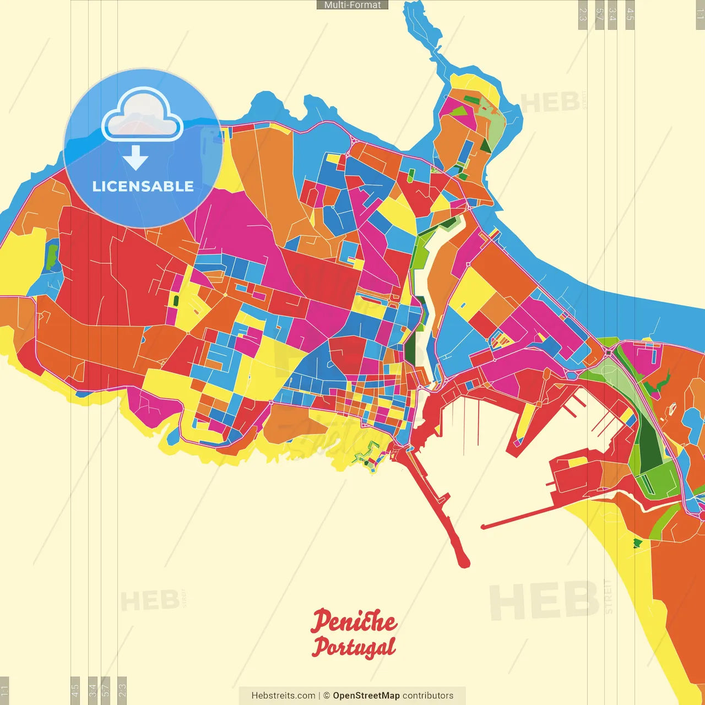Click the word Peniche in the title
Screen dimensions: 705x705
coord(353,621)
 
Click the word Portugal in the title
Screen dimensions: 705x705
coord(353,648)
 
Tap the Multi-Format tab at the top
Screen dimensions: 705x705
coord(352,5)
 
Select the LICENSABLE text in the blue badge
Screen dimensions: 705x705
coord(143,187)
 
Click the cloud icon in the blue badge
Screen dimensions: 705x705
coord(142,114)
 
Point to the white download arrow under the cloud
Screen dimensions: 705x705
coord(135,158)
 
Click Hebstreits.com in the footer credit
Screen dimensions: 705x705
coord(283,696)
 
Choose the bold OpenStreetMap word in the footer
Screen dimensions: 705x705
coord(366,696)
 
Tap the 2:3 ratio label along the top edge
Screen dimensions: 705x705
coord(583,14)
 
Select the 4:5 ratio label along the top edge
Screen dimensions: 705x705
coord(630,14)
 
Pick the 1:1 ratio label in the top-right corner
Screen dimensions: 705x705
coord(699,14)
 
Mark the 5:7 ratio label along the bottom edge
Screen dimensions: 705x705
coord(106,690)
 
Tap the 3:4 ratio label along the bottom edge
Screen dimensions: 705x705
coord(93,690)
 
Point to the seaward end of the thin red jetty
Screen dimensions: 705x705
coord(484,527)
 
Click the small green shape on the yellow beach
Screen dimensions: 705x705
coord(637,544)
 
